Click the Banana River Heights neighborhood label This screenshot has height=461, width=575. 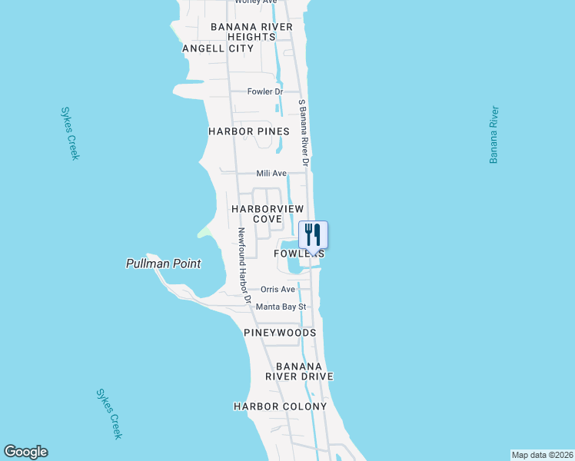click(251, 32)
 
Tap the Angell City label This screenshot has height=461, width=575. click(218, 48)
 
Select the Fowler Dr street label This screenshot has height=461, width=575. click(265, 91)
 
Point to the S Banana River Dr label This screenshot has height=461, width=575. click(304, 132)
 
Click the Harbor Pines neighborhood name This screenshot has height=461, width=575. click(248, 131)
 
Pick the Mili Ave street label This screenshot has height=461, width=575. click(271, 174)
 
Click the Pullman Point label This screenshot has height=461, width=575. click(163, 264)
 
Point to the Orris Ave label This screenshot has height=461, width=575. click(278, 290)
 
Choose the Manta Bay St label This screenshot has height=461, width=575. click(281, 307)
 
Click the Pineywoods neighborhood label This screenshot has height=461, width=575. click(280, 333)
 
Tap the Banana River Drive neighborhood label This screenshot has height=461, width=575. click(299, 371)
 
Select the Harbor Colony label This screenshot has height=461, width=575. click(281, 406)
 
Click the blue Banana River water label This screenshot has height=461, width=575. click(494, 135)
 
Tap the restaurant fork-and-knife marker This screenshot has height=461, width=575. click(313, 234)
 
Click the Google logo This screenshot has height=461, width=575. click(25, 452)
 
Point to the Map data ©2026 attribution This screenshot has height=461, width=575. click(542, 454)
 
